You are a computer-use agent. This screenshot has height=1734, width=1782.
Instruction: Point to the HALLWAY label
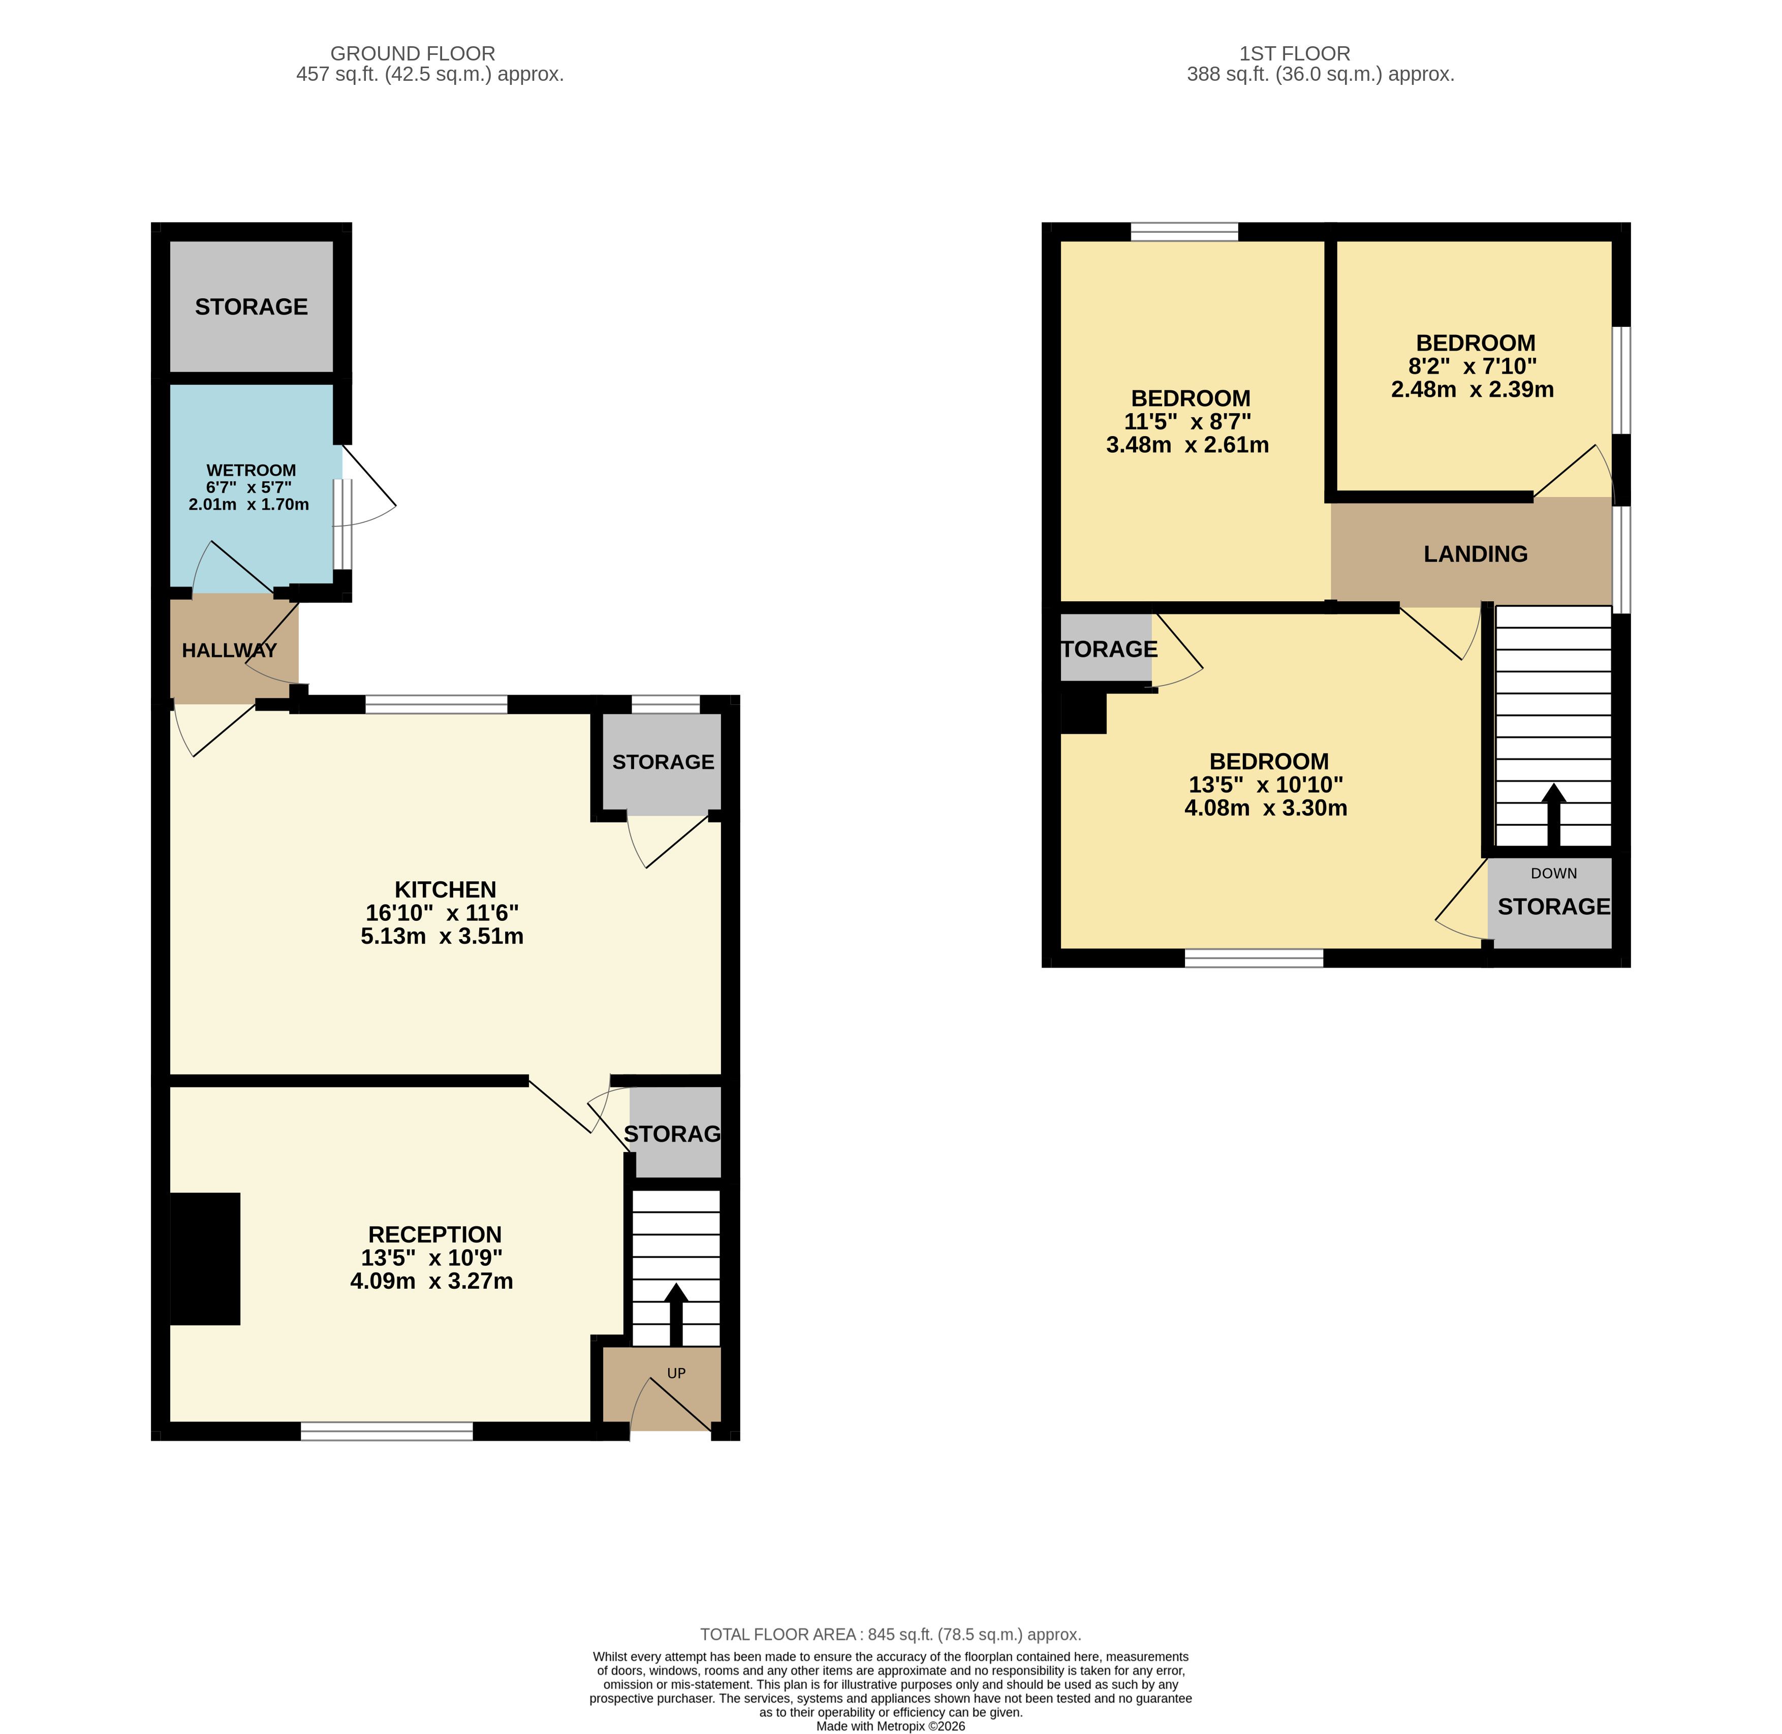pyautogui.click(x=230, y=651)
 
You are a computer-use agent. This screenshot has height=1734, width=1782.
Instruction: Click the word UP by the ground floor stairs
pyautogui.click(x=676, y=1373)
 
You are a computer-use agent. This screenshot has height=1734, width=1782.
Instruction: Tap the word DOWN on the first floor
pyautogui.click(x=1553, y=874)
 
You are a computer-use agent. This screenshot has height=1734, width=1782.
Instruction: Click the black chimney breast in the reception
pyautogui.click(x=205, y=1259)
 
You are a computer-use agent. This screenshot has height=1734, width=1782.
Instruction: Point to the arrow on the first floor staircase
pyautogui.click(x=1553, y=816)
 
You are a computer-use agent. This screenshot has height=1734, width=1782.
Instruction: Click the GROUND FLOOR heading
pyautogui.click(x=413, y=54)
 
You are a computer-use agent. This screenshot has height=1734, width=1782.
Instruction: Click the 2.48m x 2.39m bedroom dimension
pyautogui.click(x=1473, y=390)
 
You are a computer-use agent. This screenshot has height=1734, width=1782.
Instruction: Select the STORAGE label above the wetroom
pyautogui.click(x=252, y=307)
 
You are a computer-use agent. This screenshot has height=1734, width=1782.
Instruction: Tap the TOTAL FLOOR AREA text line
pyautogui.click(x=891, y=1635)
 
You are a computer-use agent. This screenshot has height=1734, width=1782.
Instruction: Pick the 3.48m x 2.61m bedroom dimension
pyautogui.click(x=1187, y=445)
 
